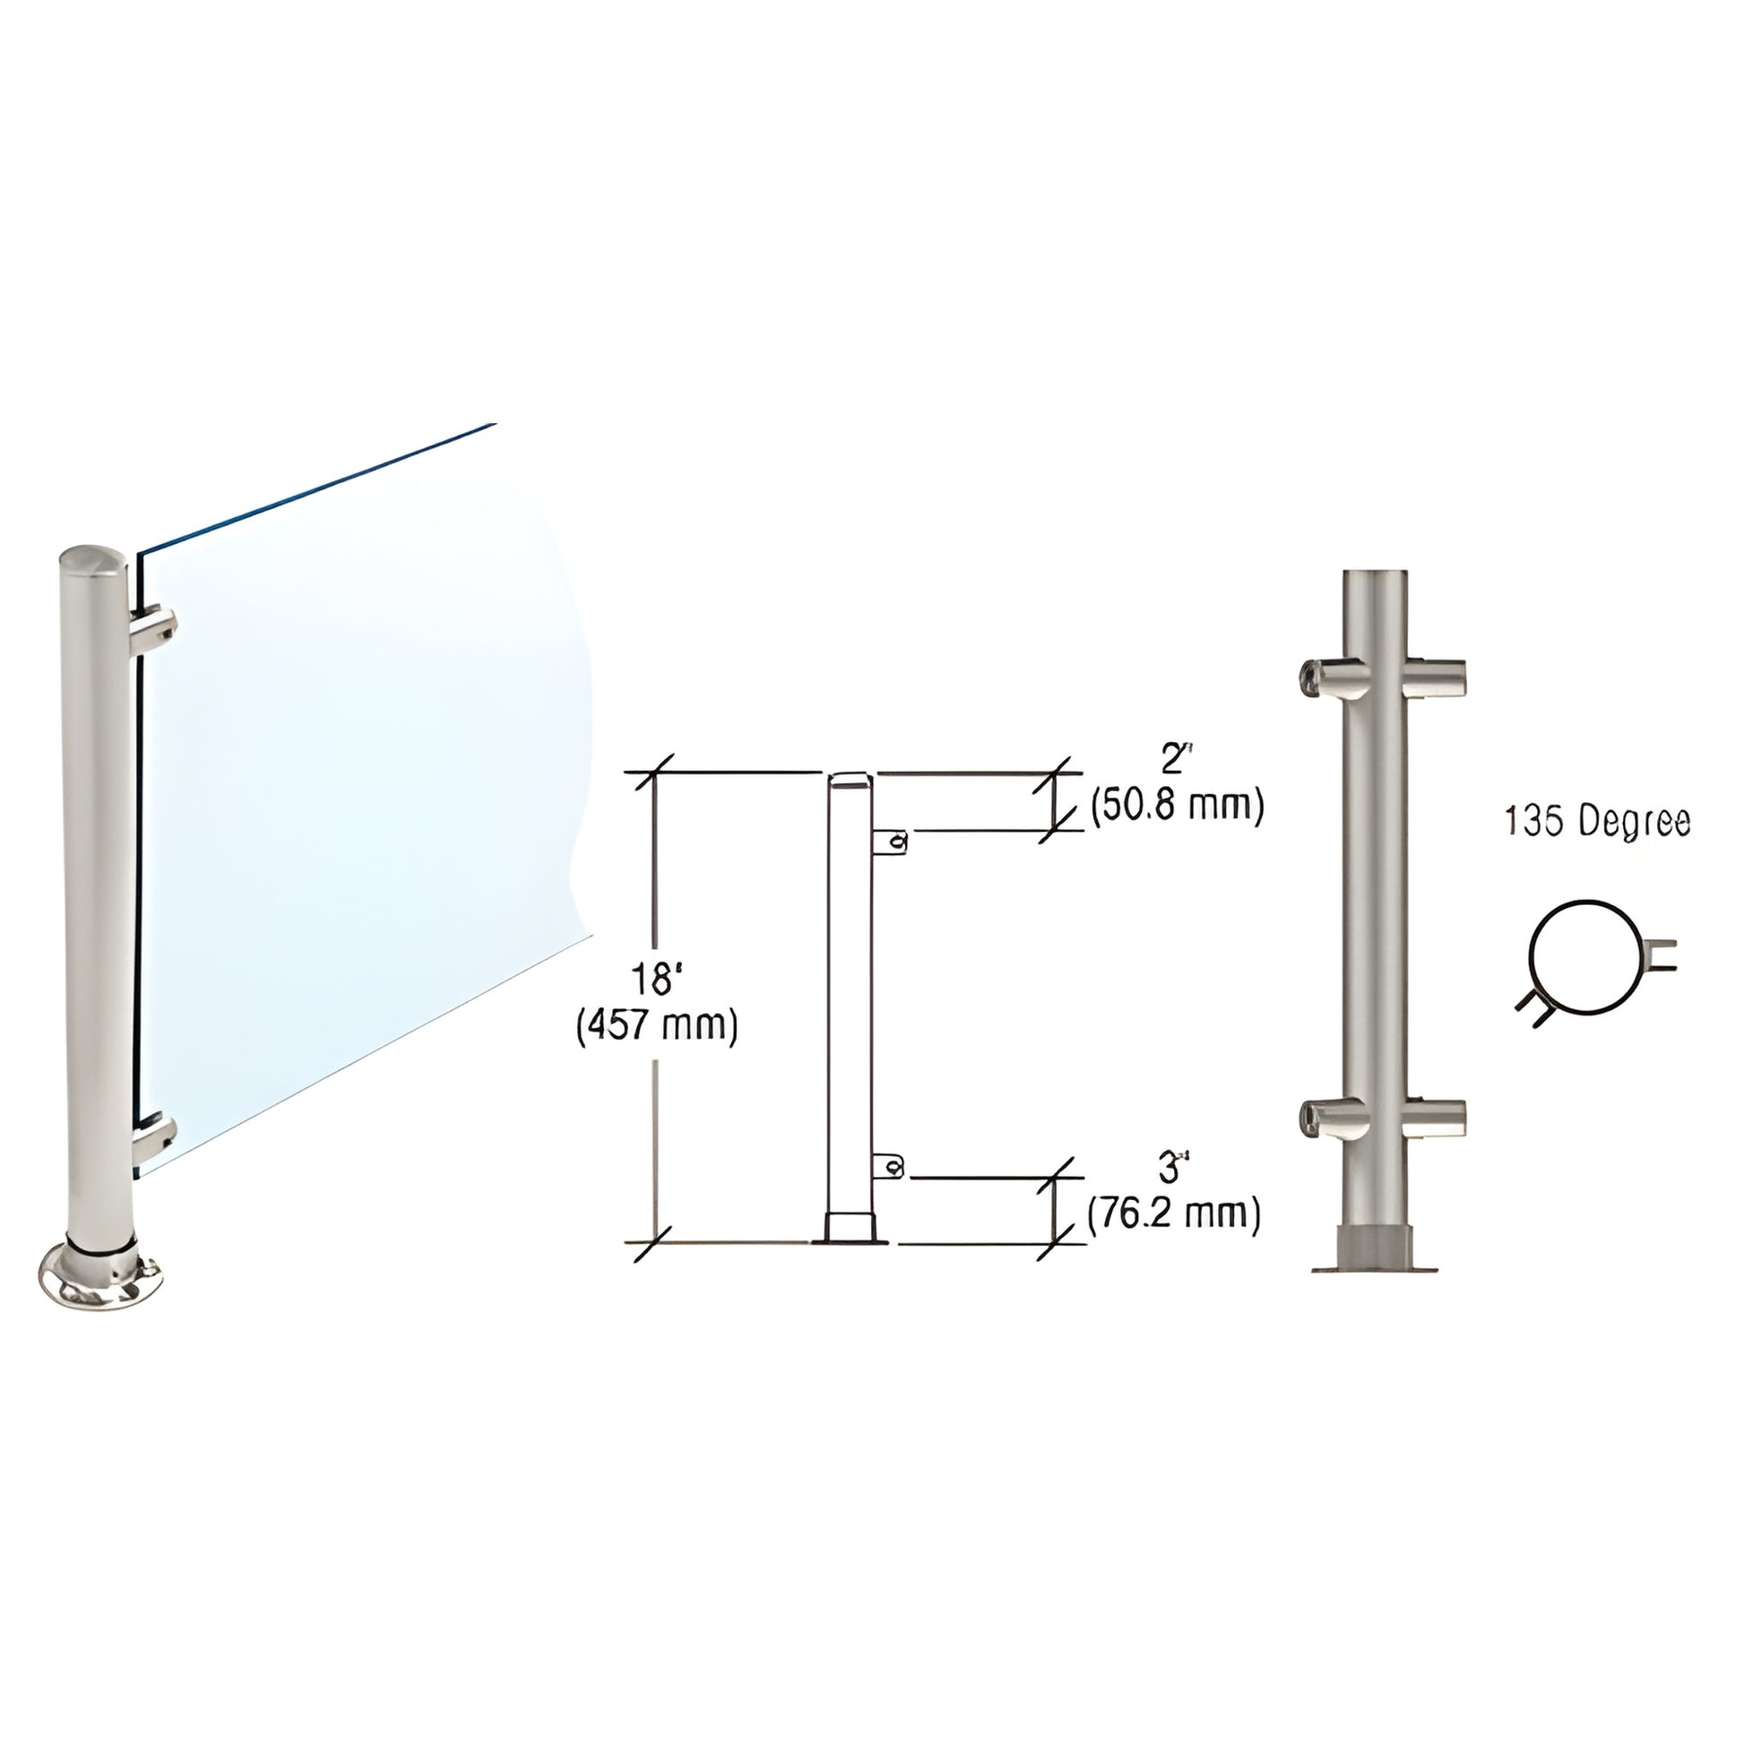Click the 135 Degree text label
pyautogui.click(x=1596, y=823)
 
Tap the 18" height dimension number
pyautogui.click(x=656, y=979)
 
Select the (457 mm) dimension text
pyautogui.click(x=656, y=1026)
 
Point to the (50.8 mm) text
pyautogui.click(x=1176, y=805)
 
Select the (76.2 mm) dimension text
pyautogui.click(x=1173, y=1214)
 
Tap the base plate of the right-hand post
pyautogui.click(x=1374, y=1266)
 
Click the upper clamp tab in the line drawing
pyautogui.click(x=891, y=842)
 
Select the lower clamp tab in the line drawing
pyautogui.click(x=889, y=1168)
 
